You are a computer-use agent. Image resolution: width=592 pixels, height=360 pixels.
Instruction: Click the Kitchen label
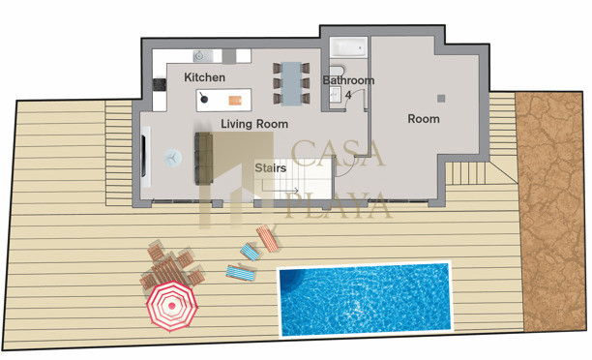(x=205, y=77)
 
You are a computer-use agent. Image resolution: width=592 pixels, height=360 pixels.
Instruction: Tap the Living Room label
(x=254, y=124)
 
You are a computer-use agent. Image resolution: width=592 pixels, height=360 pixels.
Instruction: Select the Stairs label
(x=270, y=167)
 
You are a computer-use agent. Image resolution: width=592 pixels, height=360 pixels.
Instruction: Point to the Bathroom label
(x=348, y=80)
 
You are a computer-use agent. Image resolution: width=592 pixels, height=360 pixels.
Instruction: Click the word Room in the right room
(x=424, y=119)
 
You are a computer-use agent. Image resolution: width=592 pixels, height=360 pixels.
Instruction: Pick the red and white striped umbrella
(x=172, y=306)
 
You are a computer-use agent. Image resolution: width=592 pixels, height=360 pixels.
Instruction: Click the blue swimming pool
(x=365, y=299)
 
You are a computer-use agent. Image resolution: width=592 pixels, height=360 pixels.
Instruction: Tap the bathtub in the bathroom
(x=348, y=47)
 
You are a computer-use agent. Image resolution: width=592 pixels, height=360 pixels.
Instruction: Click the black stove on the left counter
(x=160, y=84)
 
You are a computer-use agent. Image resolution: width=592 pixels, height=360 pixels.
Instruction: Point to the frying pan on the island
(x=203, y=98)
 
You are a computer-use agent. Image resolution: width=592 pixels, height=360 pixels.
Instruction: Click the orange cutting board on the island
(x=235, y=101)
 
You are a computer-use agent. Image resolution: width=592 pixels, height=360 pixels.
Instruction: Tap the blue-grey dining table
(x=291, y=83)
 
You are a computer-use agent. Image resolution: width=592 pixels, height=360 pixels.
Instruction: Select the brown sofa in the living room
(x=204, y=159)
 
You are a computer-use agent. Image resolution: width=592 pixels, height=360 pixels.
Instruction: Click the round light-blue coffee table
(x=173, y=158)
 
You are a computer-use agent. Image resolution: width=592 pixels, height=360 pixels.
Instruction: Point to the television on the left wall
(x=143, y=155)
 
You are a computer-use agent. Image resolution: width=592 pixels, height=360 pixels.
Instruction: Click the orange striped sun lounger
(x=267, y=238)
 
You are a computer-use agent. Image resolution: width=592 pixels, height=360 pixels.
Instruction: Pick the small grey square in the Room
(x=441, y=98)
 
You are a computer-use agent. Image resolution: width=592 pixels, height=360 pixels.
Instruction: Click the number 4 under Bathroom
(x=348, y=95)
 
